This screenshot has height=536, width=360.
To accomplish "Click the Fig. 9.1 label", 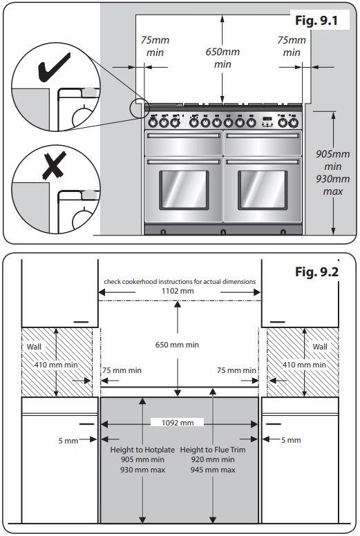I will [x=316, y=20].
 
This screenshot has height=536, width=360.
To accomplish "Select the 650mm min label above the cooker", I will [x=222, y=58].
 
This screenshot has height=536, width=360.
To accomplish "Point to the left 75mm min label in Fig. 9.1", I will [x=155, y=47].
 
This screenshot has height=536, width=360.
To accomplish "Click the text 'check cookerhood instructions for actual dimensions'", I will [x=180, y=282].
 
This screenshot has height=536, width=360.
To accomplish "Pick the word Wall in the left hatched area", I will [x=34, y=347].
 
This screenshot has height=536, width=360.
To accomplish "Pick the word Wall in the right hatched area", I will [x=320, y=347].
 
